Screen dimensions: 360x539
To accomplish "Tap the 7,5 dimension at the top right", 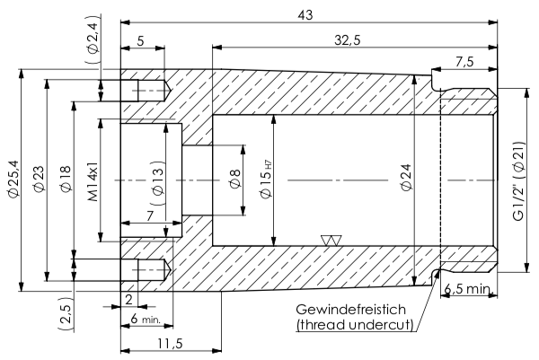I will (465, 61).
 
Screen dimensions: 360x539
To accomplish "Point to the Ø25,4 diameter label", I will (12, 180).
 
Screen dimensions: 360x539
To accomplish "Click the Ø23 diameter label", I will (38, 180).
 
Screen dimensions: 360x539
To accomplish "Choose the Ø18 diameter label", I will (65, 180).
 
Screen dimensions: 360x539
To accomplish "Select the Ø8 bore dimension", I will (234, 180).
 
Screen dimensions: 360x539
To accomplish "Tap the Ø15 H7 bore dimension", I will (266, 180).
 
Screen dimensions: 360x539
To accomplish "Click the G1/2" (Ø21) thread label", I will (518, 180).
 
